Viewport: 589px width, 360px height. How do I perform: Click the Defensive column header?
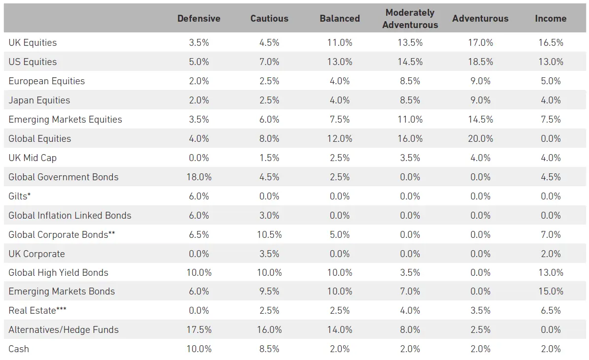click(198, 19)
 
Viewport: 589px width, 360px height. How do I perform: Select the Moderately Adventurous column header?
click(410, 19)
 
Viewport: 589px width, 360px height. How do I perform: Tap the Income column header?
click(551, 19)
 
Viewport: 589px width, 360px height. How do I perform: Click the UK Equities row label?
click(33, 43)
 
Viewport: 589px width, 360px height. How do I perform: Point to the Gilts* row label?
click(20, 196)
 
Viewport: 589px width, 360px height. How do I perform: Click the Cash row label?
click(19, 349)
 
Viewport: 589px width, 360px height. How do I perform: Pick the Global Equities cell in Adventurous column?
click(480, 139)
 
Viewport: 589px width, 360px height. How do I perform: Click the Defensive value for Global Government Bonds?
click(198, 177)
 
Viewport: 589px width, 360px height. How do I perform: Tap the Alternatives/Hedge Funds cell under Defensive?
click(198, 330)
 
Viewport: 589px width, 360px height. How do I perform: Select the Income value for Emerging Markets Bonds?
click(551, 292)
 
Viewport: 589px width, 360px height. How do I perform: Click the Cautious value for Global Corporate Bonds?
click(269, 235)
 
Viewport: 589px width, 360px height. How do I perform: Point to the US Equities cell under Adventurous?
click(480, 62)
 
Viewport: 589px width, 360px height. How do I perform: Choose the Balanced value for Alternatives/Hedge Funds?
click(339, 330)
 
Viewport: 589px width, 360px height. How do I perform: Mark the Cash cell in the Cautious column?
click(269, 349)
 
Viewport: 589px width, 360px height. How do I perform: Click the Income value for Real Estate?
click(551, 311)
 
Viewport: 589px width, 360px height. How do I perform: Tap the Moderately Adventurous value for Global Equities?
click(410, 139)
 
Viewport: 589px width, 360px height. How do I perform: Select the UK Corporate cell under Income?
click(551, 254)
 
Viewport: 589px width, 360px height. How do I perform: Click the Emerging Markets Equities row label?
click(65, 120)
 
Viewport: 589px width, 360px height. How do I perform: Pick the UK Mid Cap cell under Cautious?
click(269, 158)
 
